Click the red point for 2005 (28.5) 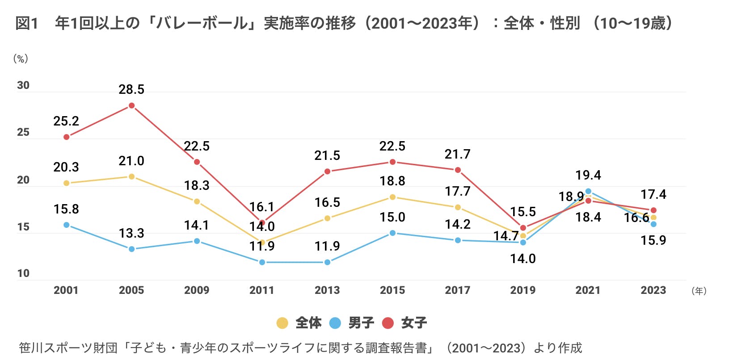click(131, 106)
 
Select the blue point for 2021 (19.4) click(588, 191)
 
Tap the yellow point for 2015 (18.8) click(392, 197)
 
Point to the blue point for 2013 click(327, 262)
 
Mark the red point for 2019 click(523, 228)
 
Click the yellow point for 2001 click(66, 183)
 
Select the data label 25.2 click(66, 121)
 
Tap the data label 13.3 click(131, 233)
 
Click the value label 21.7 click(457, 154)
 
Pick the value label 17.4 click(653, 194)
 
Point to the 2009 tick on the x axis click(197, 290)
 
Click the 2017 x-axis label click(457, 290)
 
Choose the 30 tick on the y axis click(23, 85)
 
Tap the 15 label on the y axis click(23, 227)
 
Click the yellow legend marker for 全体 click(282, 323)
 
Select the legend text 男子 click(361, 322)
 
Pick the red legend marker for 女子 click(388, 323)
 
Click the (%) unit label click(21, 59)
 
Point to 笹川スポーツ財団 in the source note click(68, 348)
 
